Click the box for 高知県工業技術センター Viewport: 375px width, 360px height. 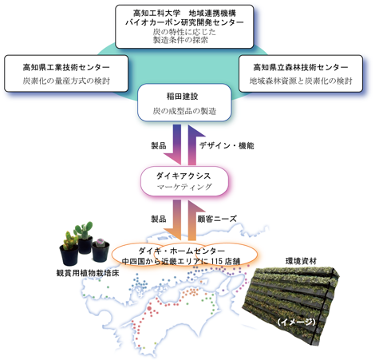(x=66, y=73)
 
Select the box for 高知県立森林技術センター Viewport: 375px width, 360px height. (x=301, y=73)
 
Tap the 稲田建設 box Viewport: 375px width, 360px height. (x=184, y=103)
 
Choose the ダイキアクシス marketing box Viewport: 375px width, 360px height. (x=184, y=181)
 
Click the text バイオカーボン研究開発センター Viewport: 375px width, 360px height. (x=184, y=22)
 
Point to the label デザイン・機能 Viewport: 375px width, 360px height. (x=227, y=145)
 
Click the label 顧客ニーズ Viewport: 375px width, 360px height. (x=217, y=219)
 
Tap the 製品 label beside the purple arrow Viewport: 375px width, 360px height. (x=159, y=145)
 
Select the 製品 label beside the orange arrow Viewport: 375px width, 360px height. (x=159, y=219)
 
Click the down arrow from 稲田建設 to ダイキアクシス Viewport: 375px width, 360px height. (x=176, y=145)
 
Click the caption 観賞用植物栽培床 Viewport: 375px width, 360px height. (x=88, y=273)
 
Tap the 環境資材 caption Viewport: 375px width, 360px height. (x=301, y=261)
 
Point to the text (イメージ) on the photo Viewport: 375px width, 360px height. (x=296, y=322)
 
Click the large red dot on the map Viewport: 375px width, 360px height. (x=149, y=308)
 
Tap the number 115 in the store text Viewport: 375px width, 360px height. (x=217, y=261)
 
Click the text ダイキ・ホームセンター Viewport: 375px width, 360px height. (x=182, y=251)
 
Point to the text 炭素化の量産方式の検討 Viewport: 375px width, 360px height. (x=66, y=81)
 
